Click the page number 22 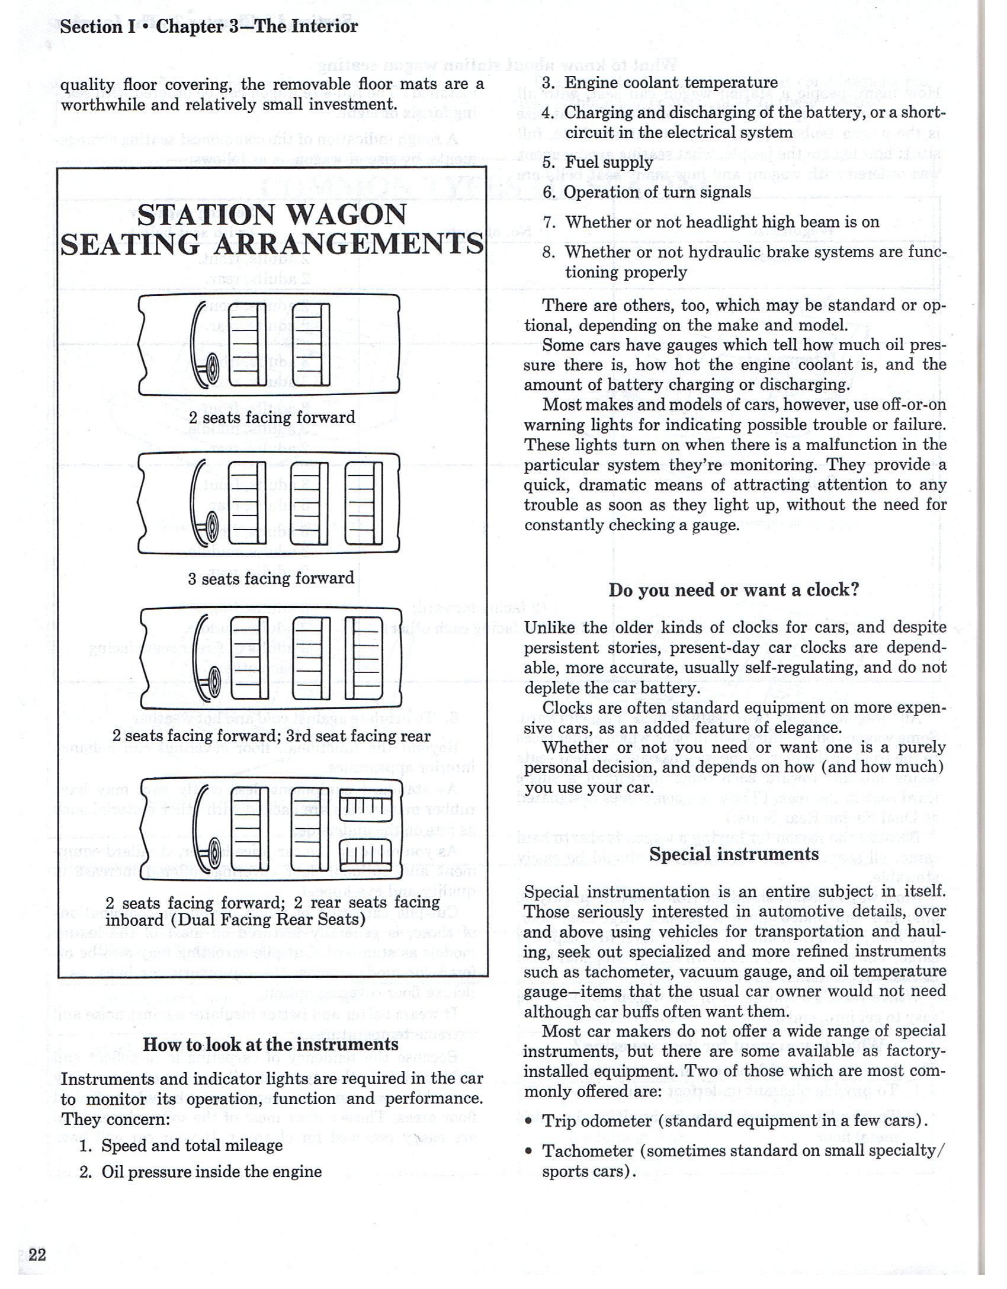point(37,1255)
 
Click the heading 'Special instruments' point(734,854)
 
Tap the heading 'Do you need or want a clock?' point(733,590)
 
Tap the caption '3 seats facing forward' point(271,578)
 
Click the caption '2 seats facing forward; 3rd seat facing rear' point(271,736)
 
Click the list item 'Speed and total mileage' point(192,1146)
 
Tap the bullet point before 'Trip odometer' point(529,1121)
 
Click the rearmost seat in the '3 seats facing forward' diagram point(364,504)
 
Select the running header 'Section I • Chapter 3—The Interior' point(209,27)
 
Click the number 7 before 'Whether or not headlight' point(548,222)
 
